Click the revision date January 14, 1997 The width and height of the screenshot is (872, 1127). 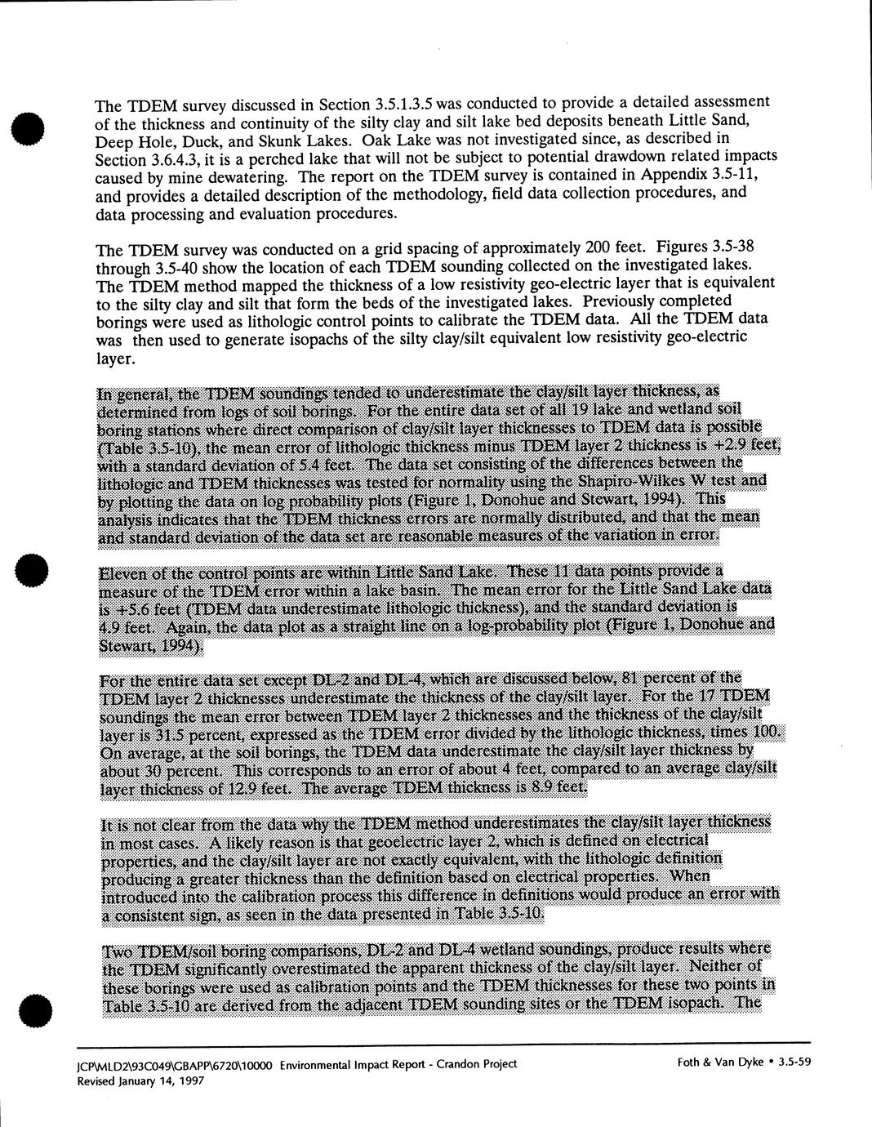coord(161,1080)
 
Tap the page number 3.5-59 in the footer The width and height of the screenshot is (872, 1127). coord(794,1062)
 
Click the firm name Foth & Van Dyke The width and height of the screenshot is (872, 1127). coord(720,1062)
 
